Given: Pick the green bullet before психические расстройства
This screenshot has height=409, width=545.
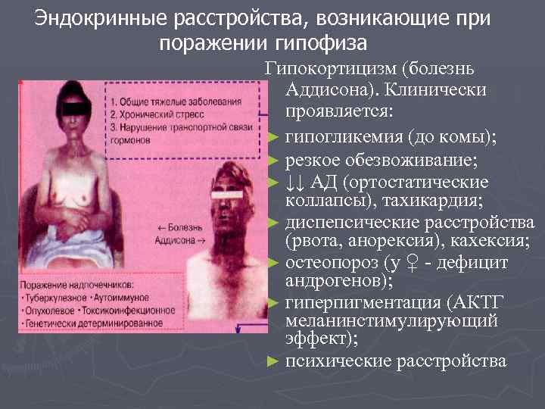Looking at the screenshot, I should (274, 362).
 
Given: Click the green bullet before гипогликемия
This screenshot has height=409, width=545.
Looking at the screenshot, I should (274, 138).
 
